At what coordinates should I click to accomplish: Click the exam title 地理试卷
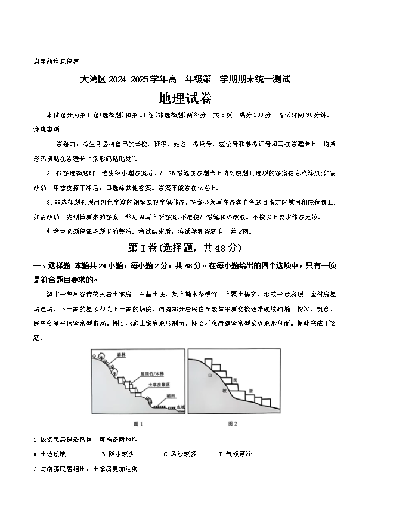click(185, 98)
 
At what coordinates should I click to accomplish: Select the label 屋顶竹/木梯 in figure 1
click(153, 375)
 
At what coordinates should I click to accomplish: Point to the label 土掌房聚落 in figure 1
click(159, 385)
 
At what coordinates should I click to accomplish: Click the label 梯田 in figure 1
click(171, 396)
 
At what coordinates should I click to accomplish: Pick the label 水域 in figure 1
click(181, 407)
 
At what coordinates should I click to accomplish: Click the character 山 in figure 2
click(210, 376)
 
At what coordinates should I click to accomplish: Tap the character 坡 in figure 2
click(225, 391)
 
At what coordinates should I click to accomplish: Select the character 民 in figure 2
click(235, 379)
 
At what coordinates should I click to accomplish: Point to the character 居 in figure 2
click(251, 391)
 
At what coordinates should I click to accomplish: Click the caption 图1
click(138, 423)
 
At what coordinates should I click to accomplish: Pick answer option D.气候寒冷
click(236, 454)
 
